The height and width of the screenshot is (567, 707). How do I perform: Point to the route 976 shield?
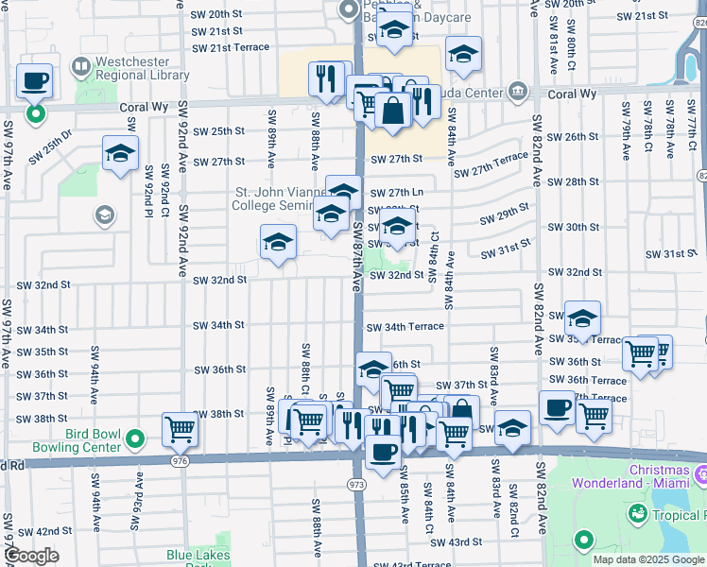tap(180, 460)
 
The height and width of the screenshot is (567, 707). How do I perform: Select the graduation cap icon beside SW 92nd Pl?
tap(121, 154)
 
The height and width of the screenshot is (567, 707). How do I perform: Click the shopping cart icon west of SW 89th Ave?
tap(180, 431)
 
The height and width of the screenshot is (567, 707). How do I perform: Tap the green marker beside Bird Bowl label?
tap(134, 438)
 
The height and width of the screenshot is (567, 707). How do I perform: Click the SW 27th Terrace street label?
tap(491, 164)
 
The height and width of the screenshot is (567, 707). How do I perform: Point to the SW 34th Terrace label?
tap(405, 327)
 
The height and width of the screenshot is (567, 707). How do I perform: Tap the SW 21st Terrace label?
tap(231, 47)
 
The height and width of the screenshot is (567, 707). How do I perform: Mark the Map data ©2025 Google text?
tap(647, 559)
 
